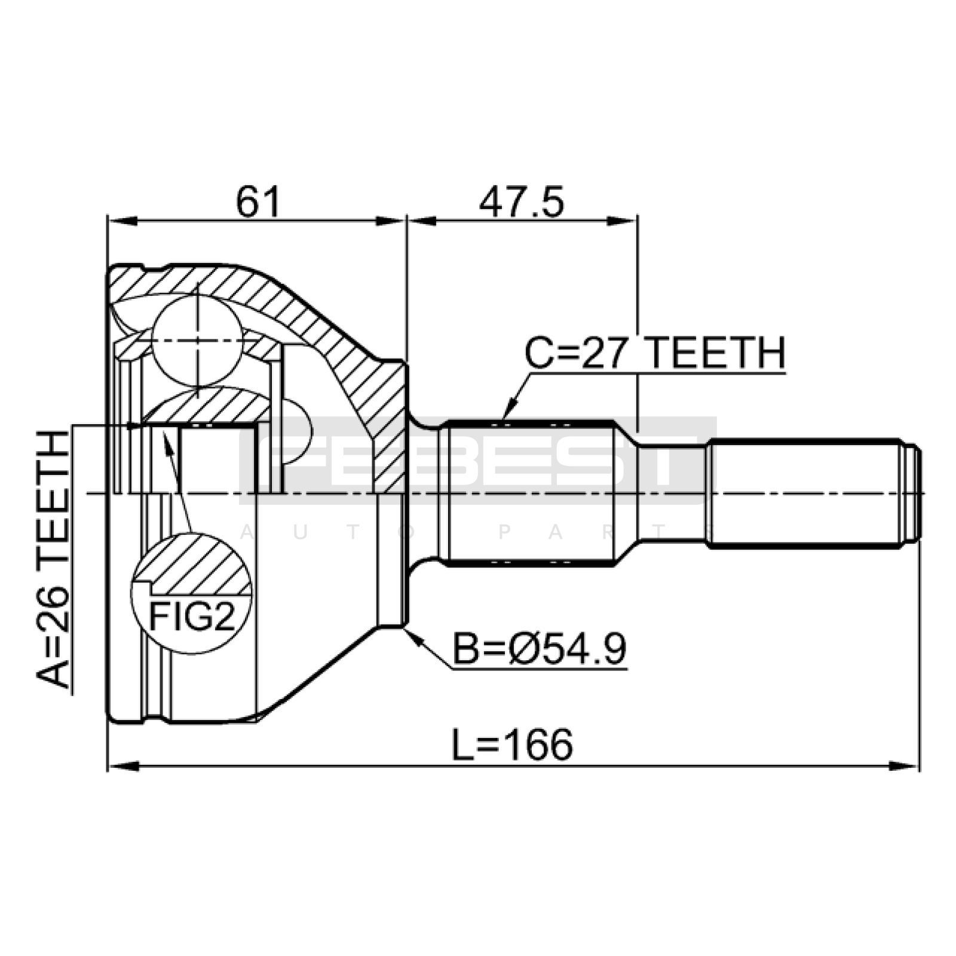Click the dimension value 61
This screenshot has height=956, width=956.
(258, 201)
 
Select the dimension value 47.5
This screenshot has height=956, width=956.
(521, 201)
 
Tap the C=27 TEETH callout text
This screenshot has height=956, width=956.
(655, 353)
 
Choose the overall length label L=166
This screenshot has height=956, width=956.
(512, 744)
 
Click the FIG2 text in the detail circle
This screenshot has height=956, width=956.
(191, 617)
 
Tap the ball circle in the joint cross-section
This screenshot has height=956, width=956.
(197, 341)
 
